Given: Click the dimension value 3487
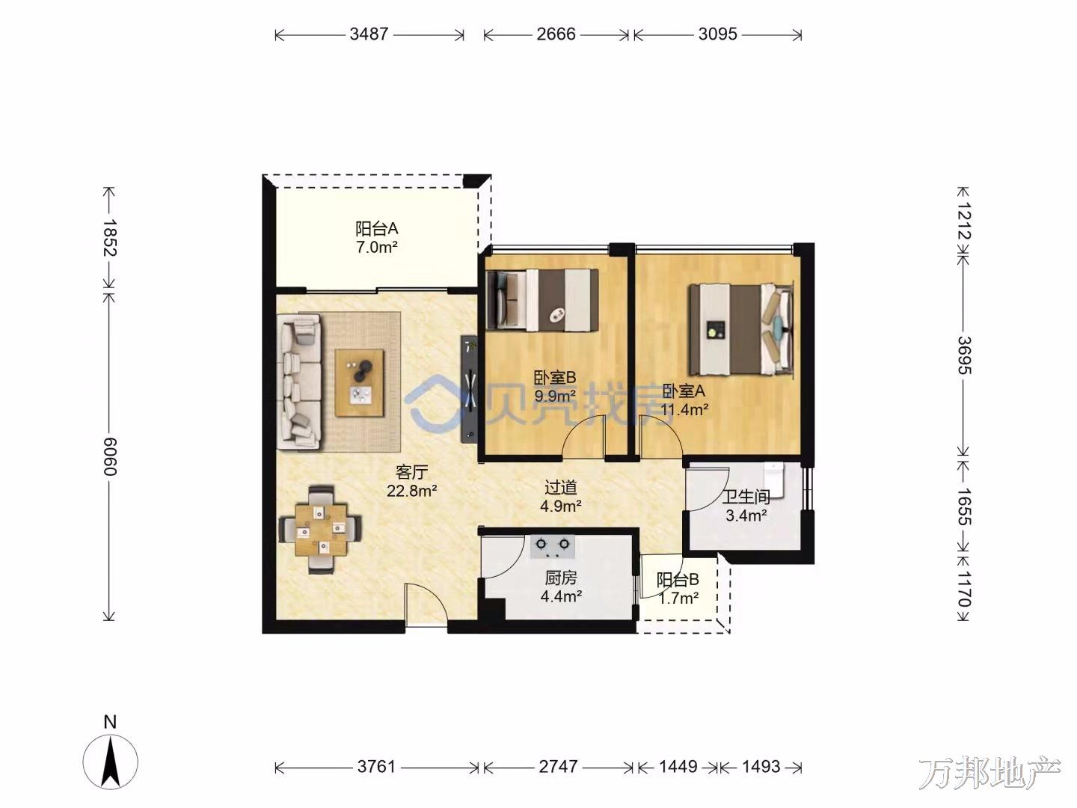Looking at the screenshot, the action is click(369, 34).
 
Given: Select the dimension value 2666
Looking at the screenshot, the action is click(556, 34).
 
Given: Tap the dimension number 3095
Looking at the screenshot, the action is click(717, 34).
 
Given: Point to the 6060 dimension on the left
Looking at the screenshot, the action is click(109, 456).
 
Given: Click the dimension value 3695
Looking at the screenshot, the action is click(965, 355).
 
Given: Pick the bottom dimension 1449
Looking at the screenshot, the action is click(678, 767).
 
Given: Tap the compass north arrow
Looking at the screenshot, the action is click(111, 763).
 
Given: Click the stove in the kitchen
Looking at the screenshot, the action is click(553, 546).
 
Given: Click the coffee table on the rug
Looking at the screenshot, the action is click(359, 382).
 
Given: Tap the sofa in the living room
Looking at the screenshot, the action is click(299, 382).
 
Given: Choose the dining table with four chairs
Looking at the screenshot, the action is click(320, 530).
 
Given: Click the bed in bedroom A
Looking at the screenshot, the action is click(741, 330).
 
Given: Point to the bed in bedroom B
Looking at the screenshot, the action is click(542, 299).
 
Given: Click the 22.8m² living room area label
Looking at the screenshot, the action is click(411, 490).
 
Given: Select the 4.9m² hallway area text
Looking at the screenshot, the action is click(561, 505).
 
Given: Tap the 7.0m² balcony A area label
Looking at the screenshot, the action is click(376, 247).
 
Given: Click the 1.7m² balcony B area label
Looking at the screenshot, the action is click(678, 598).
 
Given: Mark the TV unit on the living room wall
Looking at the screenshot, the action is click(469, 388).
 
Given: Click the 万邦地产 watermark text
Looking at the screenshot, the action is click(989, 773).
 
